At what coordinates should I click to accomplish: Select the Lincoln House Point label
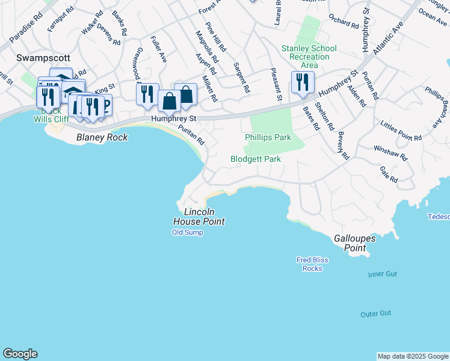203,217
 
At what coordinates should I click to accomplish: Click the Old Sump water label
188,232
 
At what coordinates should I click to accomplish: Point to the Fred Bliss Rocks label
312,264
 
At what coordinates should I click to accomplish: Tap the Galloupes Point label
355,243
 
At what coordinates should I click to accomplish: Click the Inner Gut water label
383,274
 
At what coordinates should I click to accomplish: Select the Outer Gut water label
376,314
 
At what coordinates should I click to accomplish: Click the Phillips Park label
268,138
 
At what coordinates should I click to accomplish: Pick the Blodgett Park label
256,159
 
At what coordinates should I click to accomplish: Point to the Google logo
20,354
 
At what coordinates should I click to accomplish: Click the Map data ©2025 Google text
412,356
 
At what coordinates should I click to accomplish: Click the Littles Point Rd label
401,131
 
